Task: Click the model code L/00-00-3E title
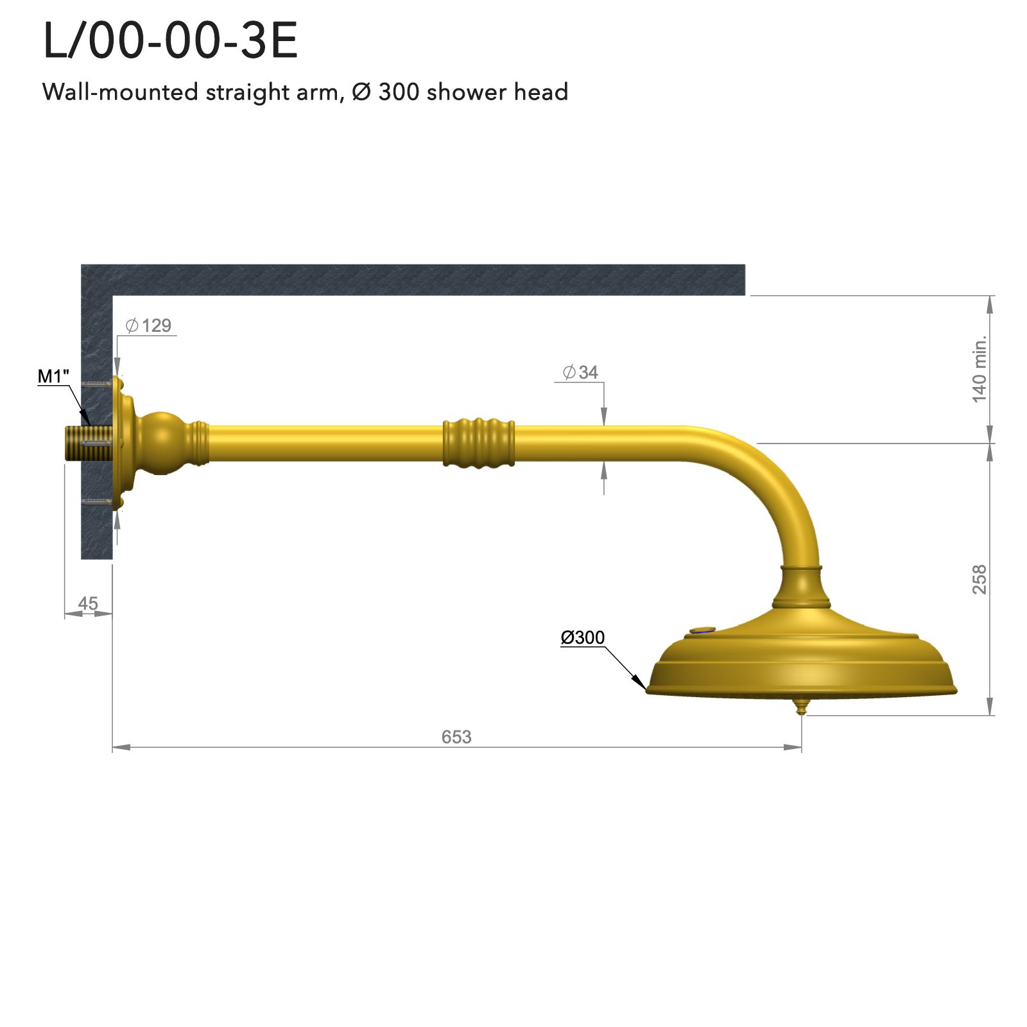(x=170, y=42)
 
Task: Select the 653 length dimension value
(x=456, y=736)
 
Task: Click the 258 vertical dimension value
(x=979, y=579)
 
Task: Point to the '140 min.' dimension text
(x=979, y=370)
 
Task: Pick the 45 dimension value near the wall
(x=88, y=603)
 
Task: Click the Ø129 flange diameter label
(x=149, y=325)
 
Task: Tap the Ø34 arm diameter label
(x=580, y=372)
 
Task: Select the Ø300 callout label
(x=582, y=637)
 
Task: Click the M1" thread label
(x=53, y=376)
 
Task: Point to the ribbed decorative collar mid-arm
(x=479, y=443)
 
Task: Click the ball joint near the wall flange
(x=160, y=443)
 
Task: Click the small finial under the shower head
(x=800, y=707)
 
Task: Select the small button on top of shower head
(x=702, y=631)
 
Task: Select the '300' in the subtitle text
(x=398, y=92)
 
